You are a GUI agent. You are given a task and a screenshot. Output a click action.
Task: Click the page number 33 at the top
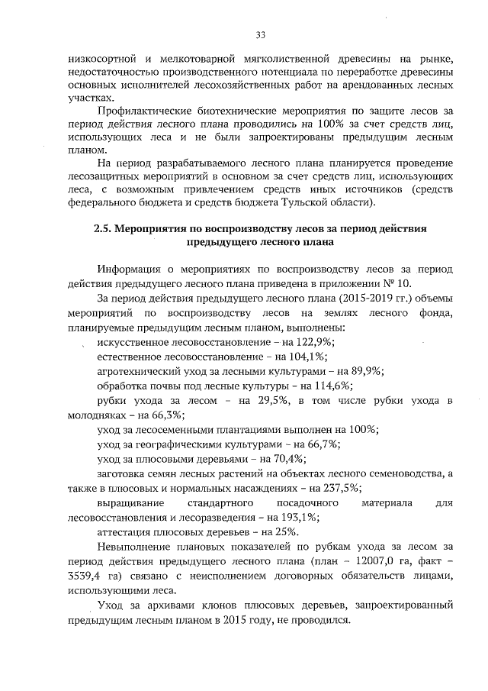(x=259, y=35)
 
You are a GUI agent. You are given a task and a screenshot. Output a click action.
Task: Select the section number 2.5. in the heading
(x=103, y=228)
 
